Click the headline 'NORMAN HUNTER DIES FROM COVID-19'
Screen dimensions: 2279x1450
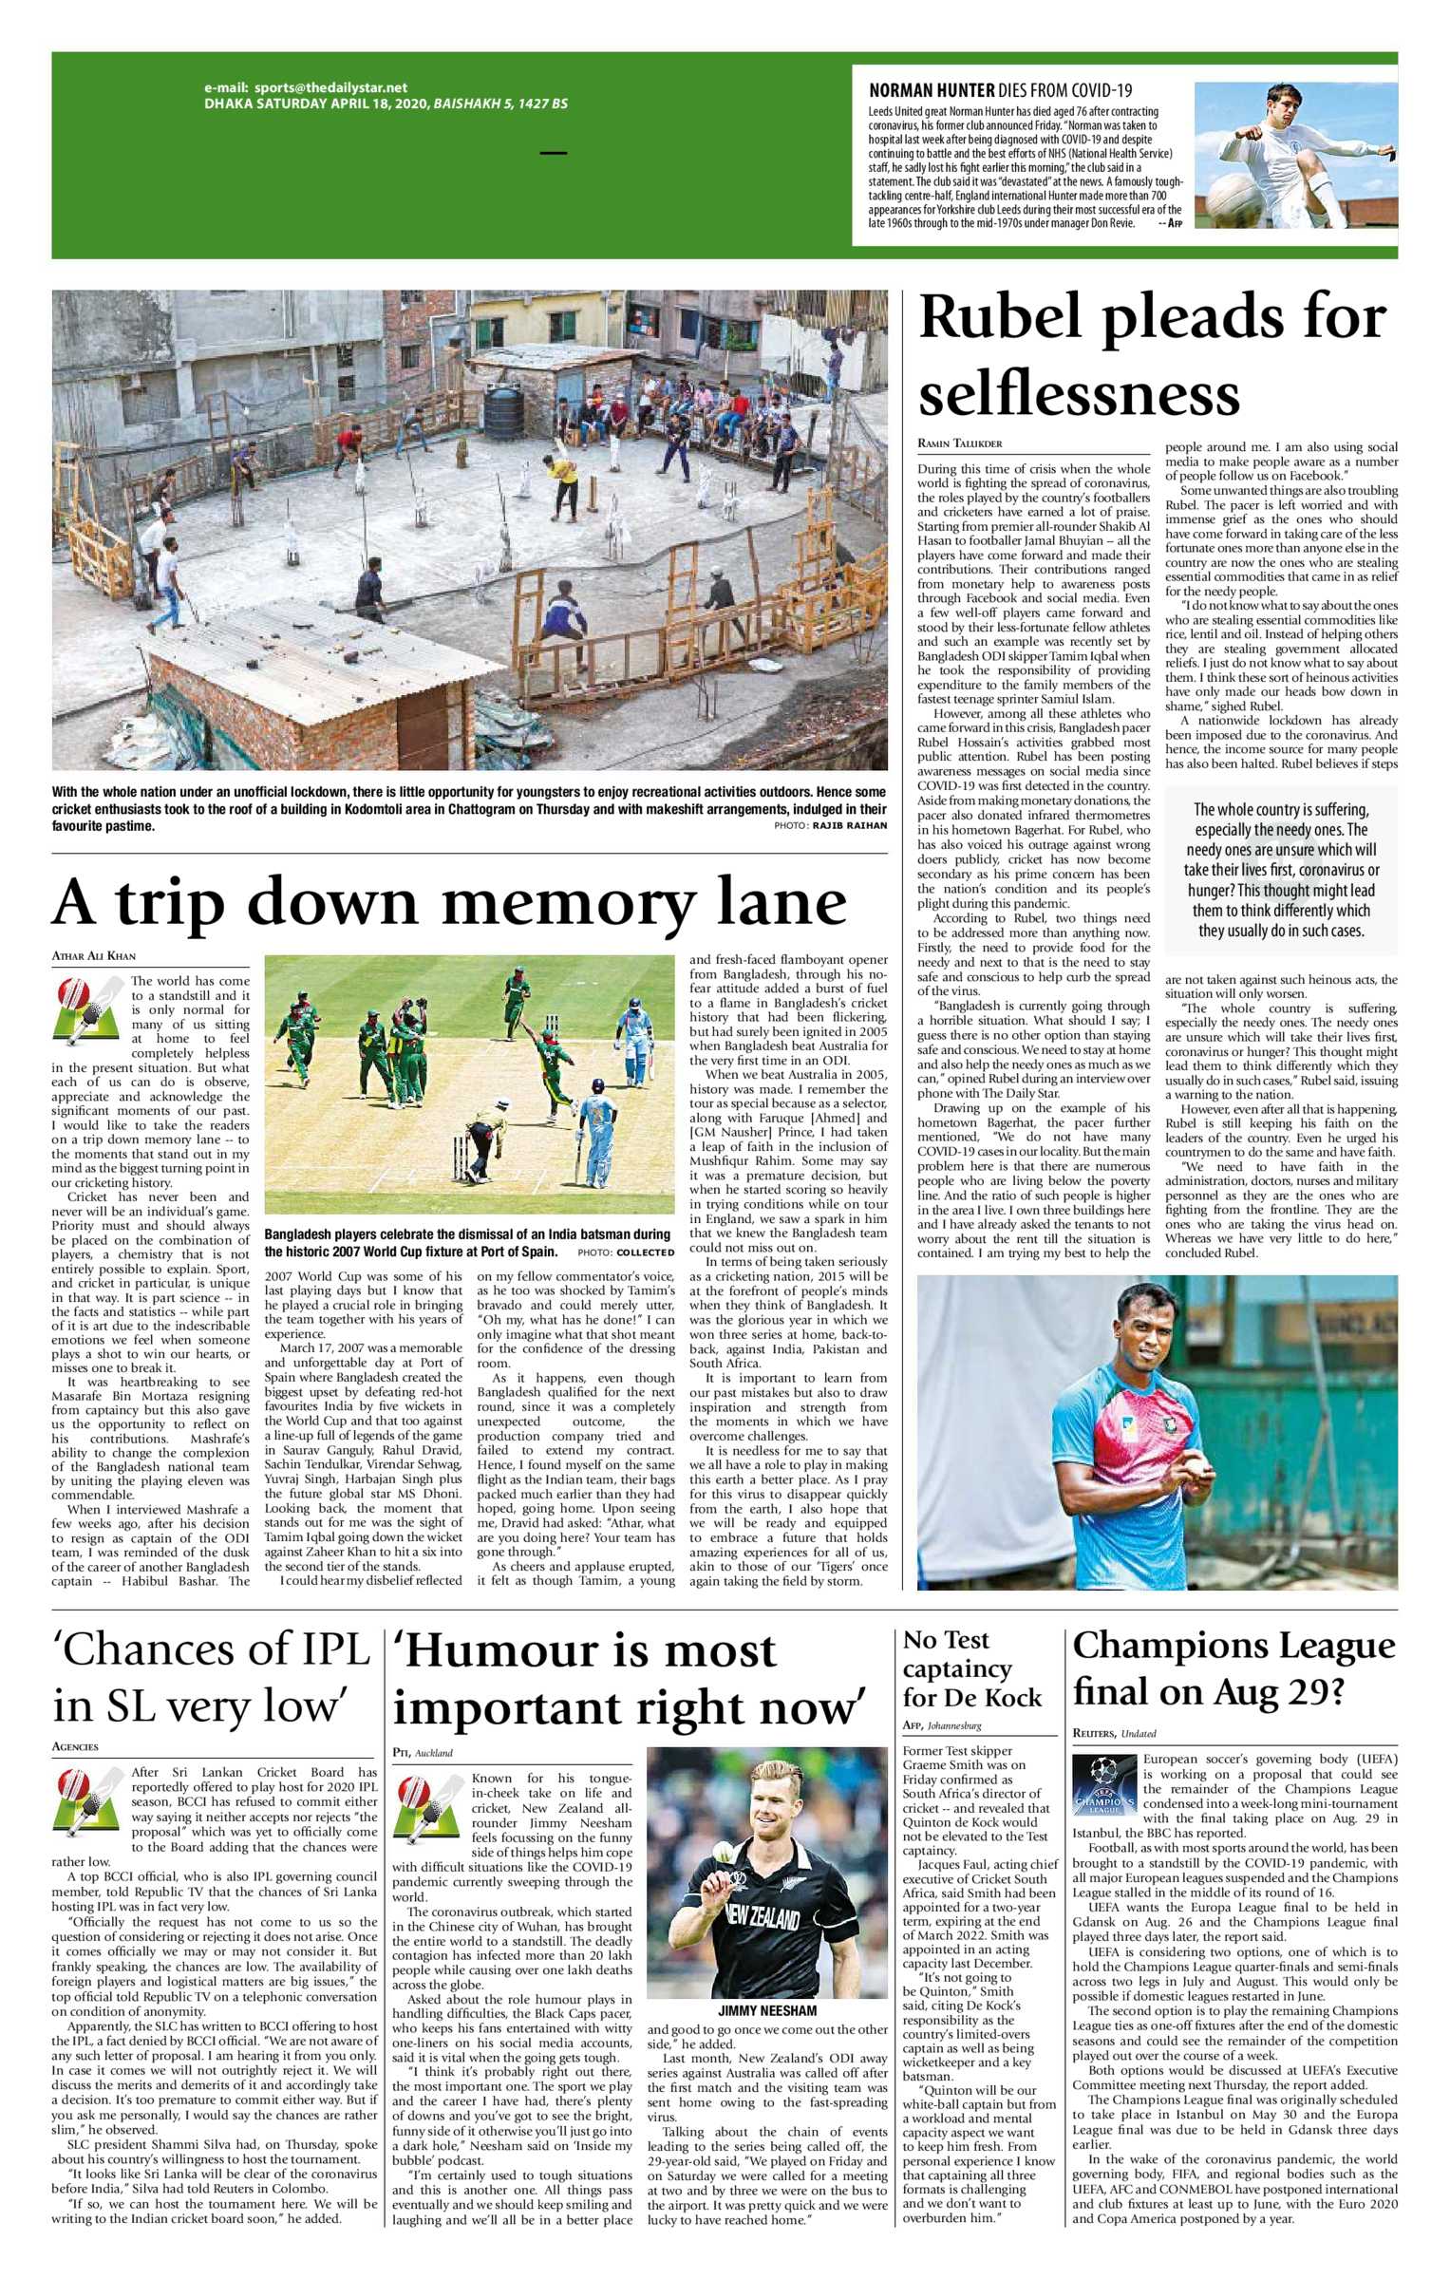point(1000,91)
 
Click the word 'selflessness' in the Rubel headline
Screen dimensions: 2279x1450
point(1079,393)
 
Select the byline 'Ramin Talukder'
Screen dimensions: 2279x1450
point(959,443)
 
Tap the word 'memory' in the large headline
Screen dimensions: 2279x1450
point(569,902)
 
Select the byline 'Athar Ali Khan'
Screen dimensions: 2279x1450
point(93,956)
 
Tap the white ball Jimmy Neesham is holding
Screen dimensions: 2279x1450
point(719,1852)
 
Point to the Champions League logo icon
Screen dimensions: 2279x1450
point(1103,1787)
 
